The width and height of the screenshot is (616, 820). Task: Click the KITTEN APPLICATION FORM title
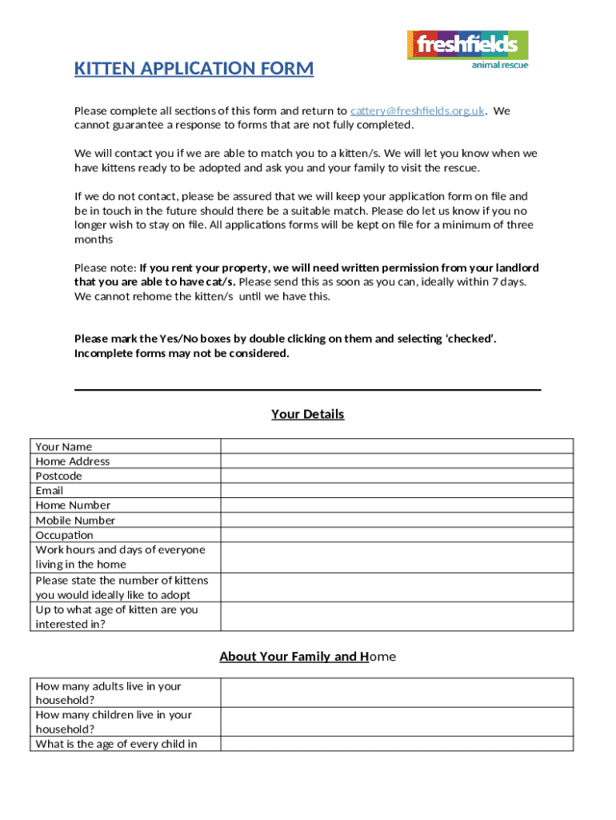pyautogui.click(x=194, y=69)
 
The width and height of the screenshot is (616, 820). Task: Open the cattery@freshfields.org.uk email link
pyautogui.click(x=418, y=111)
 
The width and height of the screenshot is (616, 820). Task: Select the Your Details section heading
pyautogui.click(x=308, y=414)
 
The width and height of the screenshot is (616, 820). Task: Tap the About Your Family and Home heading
pyautogui.click(x=308, y=657)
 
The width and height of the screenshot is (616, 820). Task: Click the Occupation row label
pyautogui.click(x=65, y=535)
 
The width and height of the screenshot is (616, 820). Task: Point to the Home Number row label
pyautogui.click(x=73, y=505)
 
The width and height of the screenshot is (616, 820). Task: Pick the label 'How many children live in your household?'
pyautogui.click(x=114, y=722)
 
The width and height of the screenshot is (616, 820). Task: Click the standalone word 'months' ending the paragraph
pyautogui.click(x=94, y=239)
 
